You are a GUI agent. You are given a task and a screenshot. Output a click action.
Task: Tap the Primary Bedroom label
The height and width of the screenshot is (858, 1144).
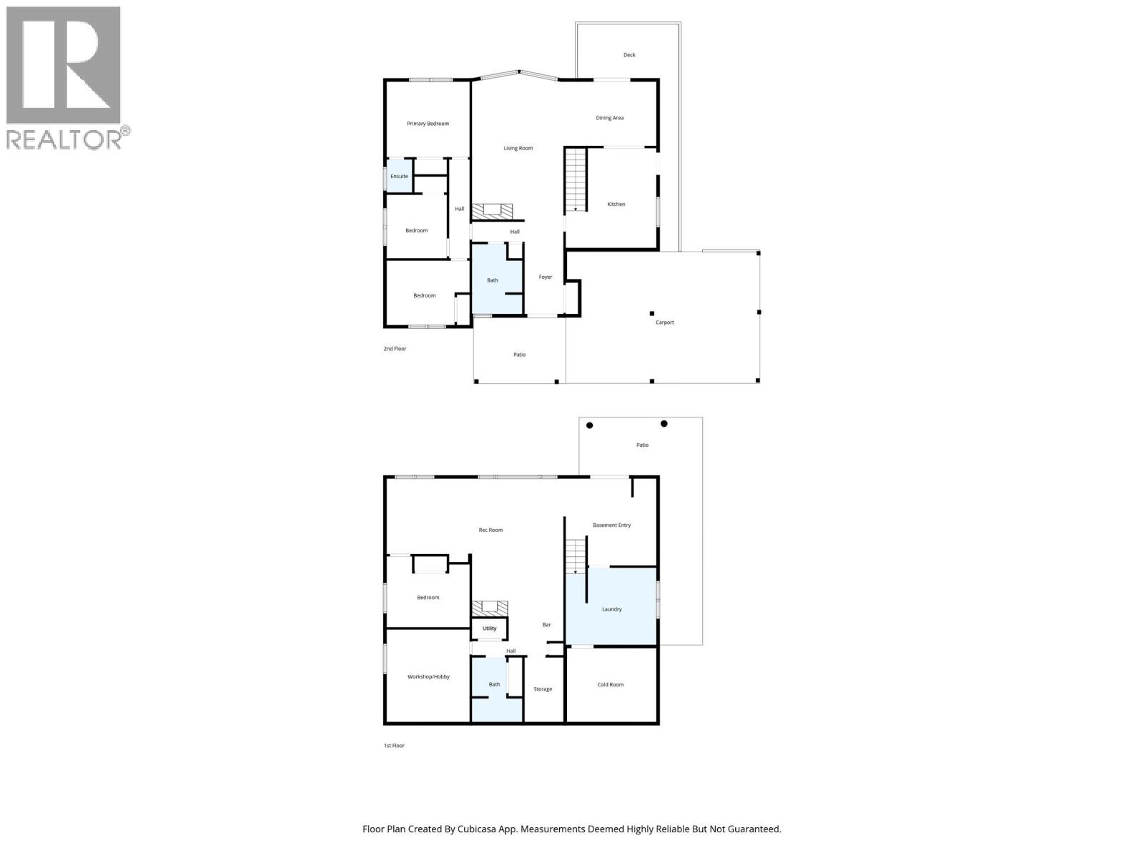point(428,124)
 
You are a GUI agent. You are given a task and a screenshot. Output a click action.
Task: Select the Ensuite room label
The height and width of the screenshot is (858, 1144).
point(399,176)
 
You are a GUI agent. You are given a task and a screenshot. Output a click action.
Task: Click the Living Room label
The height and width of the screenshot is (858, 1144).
point(518,148)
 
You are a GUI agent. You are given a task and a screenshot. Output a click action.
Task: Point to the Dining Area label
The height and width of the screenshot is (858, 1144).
point(609,118)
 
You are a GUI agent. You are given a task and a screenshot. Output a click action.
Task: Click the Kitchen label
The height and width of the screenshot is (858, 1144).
point(616,204)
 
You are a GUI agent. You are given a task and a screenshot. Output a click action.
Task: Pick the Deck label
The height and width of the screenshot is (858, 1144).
point(628,55)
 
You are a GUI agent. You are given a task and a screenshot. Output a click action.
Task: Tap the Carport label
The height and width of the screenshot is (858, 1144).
point(664,322)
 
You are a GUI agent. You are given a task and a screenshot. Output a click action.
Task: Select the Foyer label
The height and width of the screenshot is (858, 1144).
point(545,277)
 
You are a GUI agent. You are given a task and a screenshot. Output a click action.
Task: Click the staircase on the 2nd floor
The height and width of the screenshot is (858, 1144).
point(575,179)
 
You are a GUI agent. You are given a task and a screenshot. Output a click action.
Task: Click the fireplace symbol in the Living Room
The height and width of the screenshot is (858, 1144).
point(491,210)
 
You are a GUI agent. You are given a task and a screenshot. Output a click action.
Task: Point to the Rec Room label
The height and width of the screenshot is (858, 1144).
point(490,531)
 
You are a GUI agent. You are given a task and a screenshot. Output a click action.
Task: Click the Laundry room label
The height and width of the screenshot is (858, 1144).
point(611,609)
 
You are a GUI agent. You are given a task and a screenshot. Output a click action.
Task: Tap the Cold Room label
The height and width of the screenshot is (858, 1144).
point(610,685)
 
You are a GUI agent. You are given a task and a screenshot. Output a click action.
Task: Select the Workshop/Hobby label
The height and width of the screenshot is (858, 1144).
point(428,676)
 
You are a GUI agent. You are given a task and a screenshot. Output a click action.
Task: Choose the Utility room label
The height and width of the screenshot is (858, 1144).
point(489,628)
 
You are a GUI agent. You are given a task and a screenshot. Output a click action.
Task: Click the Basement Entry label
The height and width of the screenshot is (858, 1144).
point(611,526)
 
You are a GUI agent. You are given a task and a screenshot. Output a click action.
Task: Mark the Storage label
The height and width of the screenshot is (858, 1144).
point(543,689)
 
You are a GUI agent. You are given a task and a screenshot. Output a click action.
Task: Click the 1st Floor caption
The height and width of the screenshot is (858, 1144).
point(394,746)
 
